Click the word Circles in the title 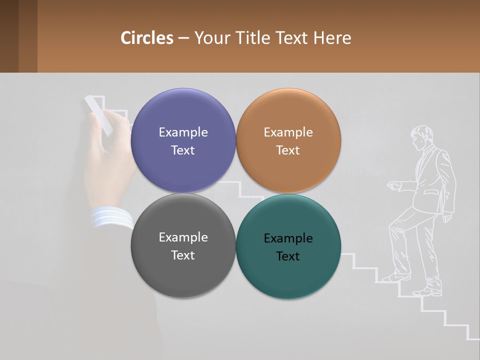[x=147, y=38]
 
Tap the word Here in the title [x=332, y=38]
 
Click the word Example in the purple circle [x=183, y=132]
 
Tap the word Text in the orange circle [x=288, y=150]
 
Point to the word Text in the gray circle [x=183, y=255]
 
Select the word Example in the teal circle [x=288, y=238]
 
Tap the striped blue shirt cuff [x=111, y=217]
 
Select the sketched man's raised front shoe [x=395, y=277]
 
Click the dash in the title [x=183, y=38]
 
